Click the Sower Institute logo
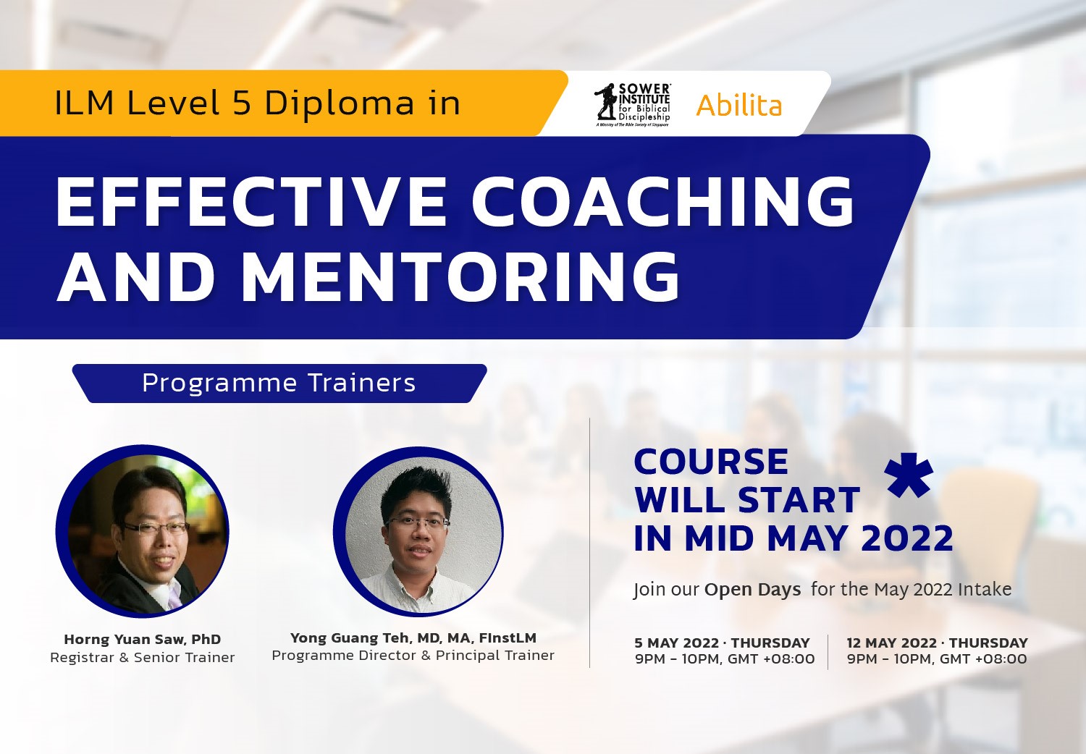point(632,104)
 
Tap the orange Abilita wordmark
point(738,106)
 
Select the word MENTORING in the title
point(460,277)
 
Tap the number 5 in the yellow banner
point(242,103)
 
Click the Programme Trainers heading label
point(279,383)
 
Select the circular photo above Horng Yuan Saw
point(143,532)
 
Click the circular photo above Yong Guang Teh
point(418,532)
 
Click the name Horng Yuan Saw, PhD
point(143,639)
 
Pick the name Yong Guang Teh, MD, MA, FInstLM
point(413,637)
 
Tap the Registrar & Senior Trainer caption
point(143,657)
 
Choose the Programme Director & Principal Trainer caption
point(413,656)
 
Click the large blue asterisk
point(909,476)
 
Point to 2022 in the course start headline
point(906,538)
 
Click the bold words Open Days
point(752,590)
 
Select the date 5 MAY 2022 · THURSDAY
point(722,643)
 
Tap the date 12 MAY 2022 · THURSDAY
point(937,643)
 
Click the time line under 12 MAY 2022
point(937,659)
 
